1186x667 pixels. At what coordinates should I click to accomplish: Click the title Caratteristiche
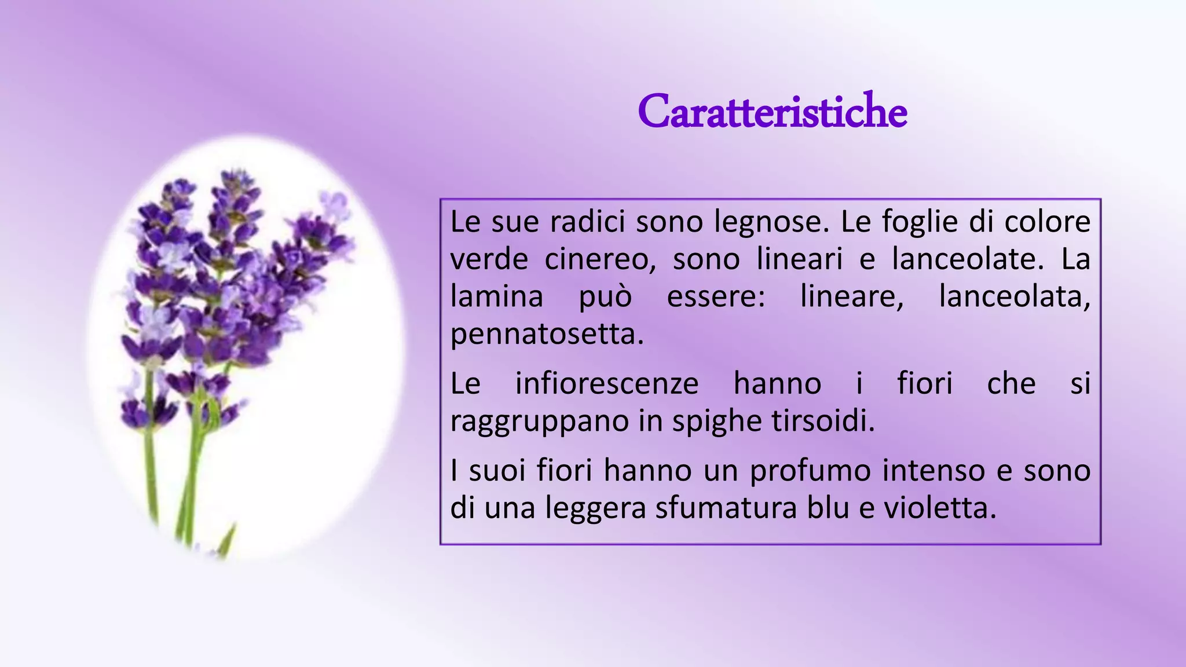[x=772, y=112]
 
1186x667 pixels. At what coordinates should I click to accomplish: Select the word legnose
[x=772, y=223]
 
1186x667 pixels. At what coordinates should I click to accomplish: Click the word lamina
[x=496, y=297]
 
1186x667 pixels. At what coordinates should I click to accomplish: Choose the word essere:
[x=716, y=297]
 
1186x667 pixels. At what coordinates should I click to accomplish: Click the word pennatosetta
[x=547, y=335]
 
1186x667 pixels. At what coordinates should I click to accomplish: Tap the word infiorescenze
[x=607, y=384]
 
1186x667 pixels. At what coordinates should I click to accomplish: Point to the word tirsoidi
[x=823, y=422]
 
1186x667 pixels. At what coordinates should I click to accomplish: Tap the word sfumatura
[x=725, y=508]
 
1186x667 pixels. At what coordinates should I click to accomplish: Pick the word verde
[x=489, y=259]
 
